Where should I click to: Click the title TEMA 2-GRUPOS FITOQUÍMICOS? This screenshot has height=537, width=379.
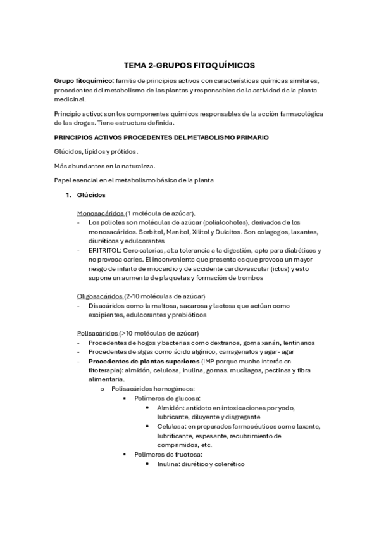coord(189,65)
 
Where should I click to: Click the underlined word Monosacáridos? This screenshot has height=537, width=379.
coord(101,213)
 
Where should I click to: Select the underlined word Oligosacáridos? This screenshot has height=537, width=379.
coord(100,296)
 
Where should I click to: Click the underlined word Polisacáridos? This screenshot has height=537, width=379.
coord(97,333)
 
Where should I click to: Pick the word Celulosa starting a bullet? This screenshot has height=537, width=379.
coord(171,427)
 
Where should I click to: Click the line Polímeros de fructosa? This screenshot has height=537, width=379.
coord(168,455)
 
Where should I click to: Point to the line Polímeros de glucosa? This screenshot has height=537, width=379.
coord(166,398)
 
